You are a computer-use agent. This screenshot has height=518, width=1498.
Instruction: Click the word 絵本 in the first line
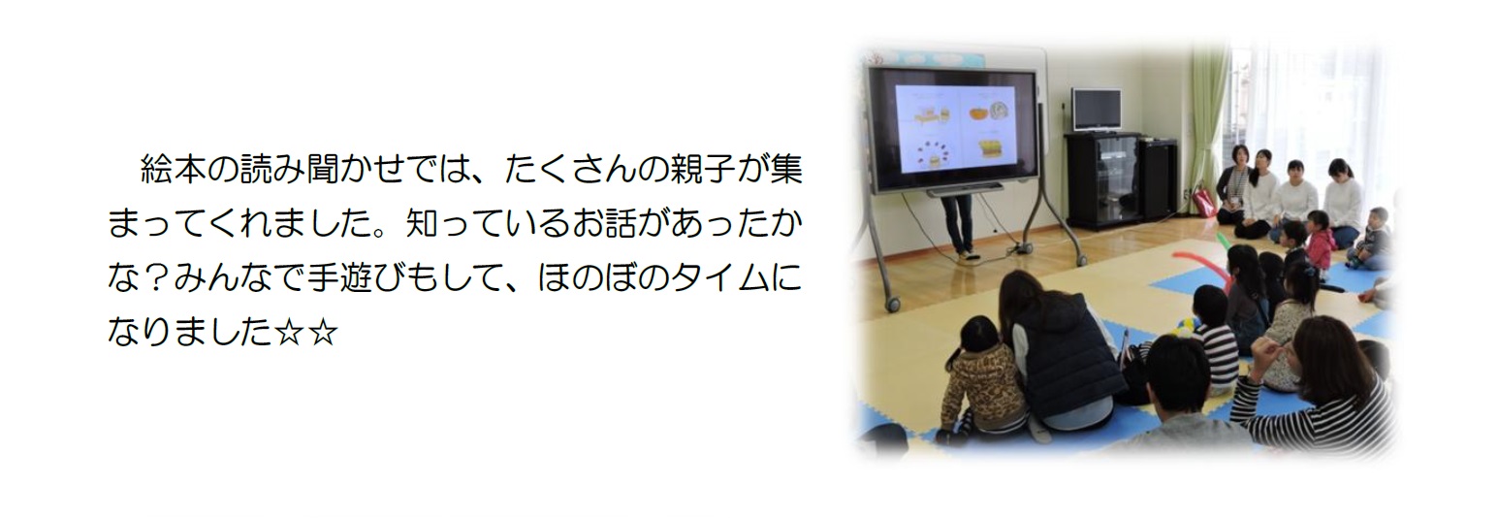click(x=174, y=171)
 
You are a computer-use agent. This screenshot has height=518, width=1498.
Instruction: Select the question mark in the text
click(x=156, y=278)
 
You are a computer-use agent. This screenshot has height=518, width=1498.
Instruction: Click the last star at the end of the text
click(x=324, y=333)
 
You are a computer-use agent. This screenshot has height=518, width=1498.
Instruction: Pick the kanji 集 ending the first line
click(x=785, y=171)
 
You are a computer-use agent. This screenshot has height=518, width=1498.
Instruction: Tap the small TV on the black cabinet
click(x=1096, y=109)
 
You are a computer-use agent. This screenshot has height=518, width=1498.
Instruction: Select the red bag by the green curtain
click(x=1202, y=202)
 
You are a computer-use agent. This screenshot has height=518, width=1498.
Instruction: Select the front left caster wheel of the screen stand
click(x=893, y=305)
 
